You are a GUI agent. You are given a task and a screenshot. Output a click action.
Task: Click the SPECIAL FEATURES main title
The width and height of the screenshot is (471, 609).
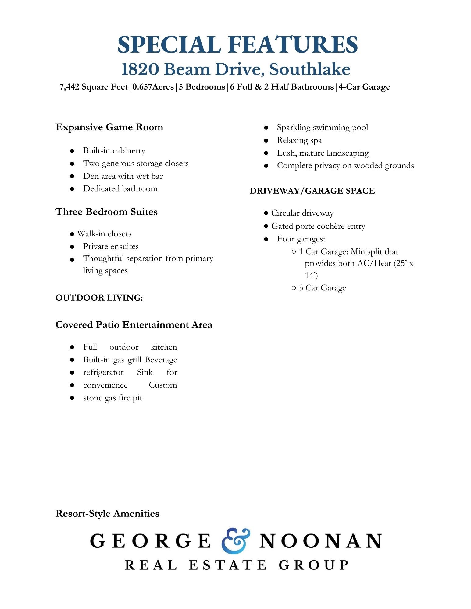pos(237,45)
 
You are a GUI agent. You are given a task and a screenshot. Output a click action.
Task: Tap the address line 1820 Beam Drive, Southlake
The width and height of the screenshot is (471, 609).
pos(236,69)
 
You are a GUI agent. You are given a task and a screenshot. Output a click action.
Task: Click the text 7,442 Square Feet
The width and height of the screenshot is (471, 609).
pos(94,87)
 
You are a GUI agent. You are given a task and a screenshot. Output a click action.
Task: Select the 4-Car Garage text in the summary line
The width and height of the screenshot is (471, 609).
pos(364,87)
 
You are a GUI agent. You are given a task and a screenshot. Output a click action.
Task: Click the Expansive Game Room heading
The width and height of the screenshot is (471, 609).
pos(109,127)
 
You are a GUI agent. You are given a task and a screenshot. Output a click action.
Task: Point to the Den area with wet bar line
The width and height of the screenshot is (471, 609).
pos(123,176)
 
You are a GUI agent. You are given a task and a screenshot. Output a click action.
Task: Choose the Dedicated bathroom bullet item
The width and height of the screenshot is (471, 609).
pos(120,189)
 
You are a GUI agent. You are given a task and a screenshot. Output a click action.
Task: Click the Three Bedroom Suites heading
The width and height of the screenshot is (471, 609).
pos(106,212)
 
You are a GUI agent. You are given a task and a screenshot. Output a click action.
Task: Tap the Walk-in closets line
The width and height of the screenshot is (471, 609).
pos(104,234)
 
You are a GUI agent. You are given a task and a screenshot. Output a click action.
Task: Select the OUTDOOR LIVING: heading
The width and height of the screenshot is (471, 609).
pos(99,298)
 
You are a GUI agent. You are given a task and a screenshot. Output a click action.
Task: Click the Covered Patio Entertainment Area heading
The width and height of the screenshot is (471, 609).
pos(134,325)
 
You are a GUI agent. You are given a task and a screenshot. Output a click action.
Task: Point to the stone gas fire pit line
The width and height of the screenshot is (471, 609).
pos(112,398)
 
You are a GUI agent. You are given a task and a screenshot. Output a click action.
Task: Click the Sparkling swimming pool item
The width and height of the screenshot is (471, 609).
pos(322,127)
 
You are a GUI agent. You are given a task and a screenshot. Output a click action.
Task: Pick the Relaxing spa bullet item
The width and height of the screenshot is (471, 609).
pos(299,140)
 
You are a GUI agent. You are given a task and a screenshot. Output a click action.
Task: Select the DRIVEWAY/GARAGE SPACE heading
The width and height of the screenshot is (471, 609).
pos(312,191)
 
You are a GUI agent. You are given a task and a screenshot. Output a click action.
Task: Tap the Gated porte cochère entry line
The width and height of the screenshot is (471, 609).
pos(318,226)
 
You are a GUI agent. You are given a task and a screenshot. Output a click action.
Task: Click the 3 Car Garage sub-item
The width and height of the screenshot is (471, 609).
pos(322,288)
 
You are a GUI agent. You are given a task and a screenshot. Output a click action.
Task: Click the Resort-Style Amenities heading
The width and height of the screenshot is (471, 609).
pos(107,514)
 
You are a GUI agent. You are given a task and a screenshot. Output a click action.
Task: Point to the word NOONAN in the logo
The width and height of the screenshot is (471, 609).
pos(320,541)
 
